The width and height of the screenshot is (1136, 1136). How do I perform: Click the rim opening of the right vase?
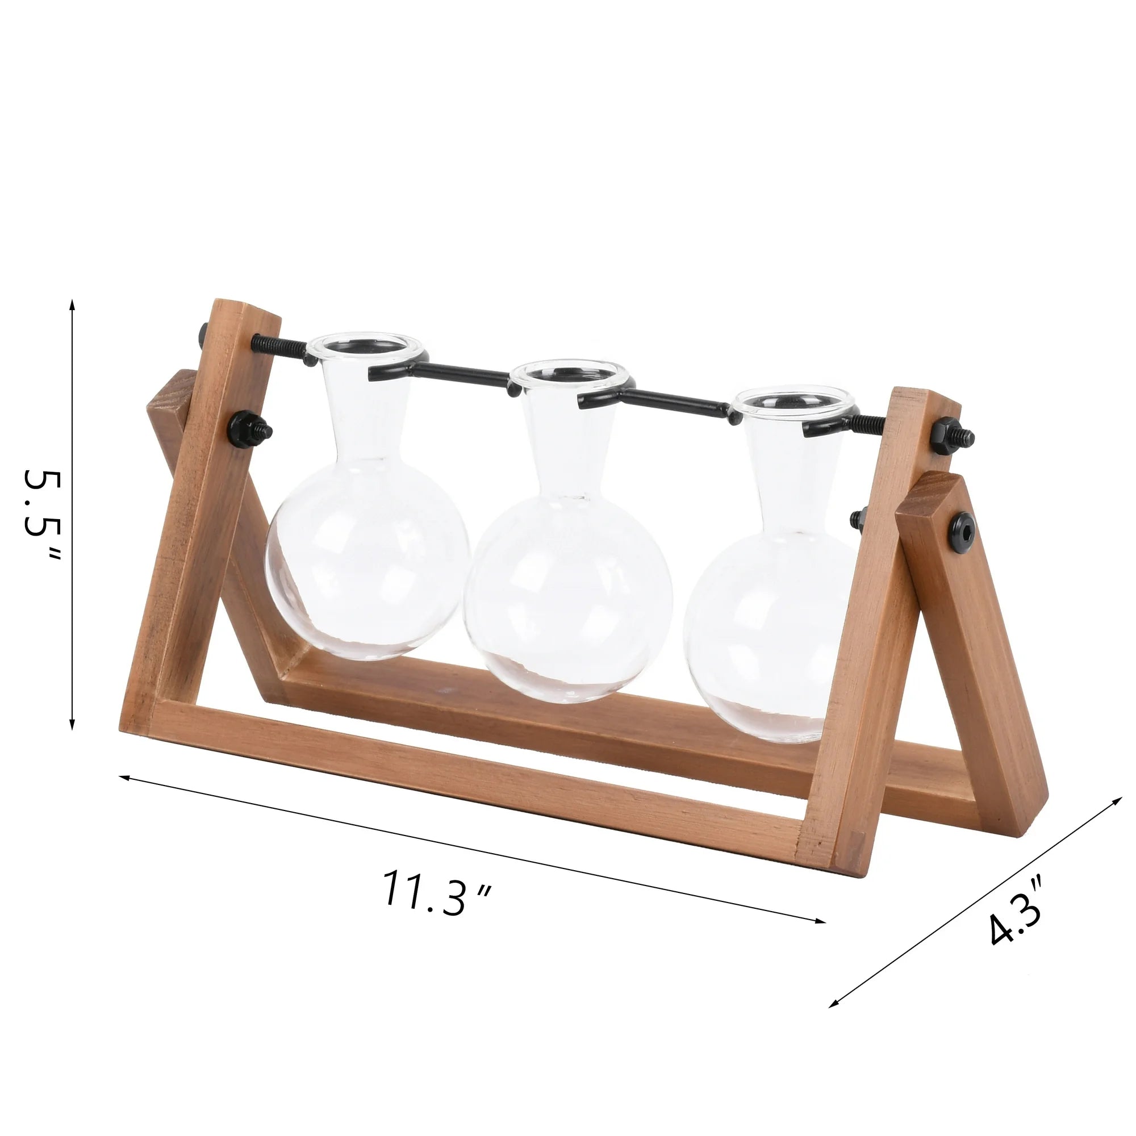[x=795, y=399]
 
